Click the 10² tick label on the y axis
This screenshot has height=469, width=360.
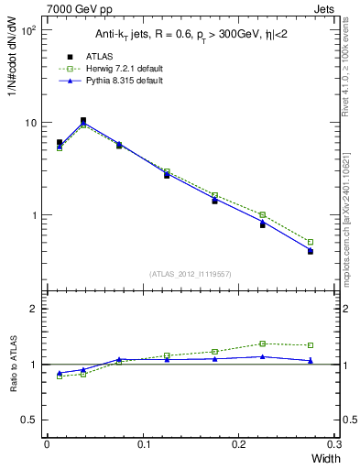pos(29,30)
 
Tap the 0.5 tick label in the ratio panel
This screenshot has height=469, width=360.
pos(31,420)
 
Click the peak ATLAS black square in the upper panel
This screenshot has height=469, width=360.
pos(83,120)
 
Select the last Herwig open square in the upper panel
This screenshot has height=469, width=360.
pos(311,242)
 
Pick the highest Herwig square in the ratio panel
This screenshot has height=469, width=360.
pos(262,344)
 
